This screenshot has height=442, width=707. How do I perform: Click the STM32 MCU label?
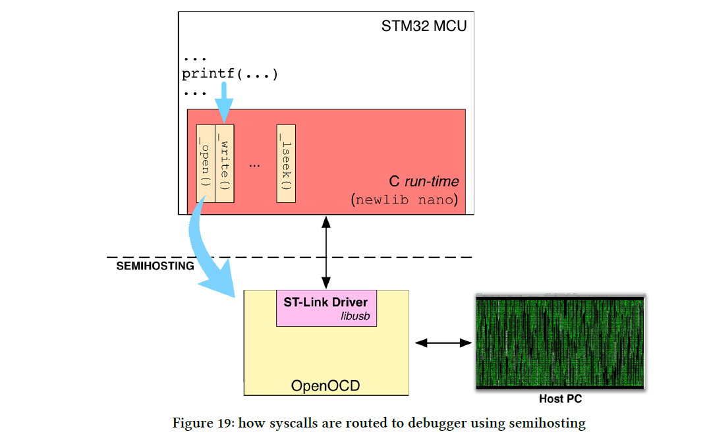[x=424, y=26]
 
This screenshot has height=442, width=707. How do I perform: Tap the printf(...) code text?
[x=230, y=74]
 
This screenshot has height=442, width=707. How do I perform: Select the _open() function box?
[x=206, y=163]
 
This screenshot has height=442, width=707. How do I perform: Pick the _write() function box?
[x=224, y=163]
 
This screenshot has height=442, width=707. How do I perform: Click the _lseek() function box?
[x=285, y=163]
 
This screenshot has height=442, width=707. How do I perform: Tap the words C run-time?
[x=424, y=181]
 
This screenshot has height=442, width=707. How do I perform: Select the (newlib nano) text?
[x=405, y=200]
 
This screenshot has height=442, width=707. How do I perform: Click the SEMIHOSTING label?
[x=156, y=266]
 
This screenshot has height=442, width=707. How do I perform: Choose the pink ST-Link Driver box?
[x=326, y=308]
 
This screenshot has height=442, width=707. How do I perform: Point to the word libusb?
[x=354, y=316]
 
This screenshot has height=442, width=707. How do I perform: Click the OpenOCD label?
[x=325, y=385]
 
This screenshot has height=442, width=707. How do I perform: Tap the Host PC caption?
[x=560, y=399]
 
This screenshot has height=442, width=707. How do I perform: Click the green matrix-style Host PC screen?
[x=560, y=343]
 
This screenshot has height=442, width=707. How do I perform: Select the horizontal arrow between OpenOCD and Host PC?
[x=443, y=343]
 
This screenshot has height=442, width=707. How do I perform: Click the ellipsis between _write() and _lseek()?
[x=255, y=165]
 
